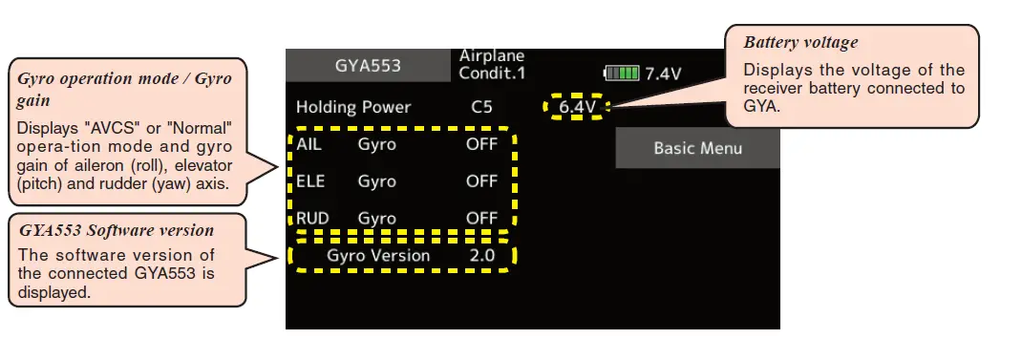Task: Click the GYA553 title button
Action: pos(368,67)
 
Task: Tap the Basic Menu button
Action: pos(697,148)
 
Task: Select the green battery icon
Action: pos(622,74)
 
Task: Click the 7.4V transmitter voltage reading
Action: pos(663,74)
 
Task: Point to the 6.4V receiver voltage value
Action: pos(577,107)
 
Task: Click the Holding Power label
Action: pos(352,107)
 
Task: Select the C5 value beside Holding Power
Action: pos(481,107)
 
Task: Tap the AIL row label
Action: pos(309,145)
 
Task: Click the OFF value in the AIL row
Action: pos(481,145)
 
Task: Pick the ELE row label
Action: pos(309,181)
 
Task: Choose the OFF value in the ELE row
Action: pos(481,181)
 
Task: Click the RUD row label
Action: pos(311,219)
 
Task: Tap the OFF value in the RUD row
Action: pos(481,219)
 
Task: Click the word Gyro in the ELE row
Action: pos(376,181)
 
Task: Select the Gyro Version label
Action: pos(378,256)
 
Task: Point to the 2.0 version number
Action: pos(481,256)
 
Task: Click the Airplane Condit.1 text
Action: pos(492,65)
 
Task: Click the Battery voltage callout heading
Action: pos(800,43)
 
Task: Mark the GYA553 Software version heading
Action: pos(116,230)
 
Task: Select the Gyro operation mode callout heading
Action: pos(124,87)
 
